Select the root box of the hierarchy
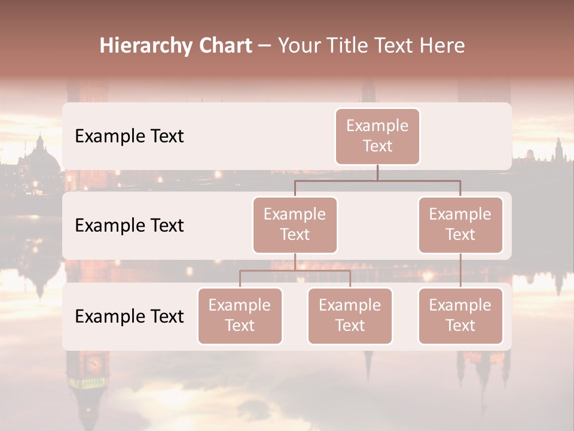[377, 136]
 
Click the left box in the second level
[295, 224]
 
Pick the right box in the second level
[460, 224]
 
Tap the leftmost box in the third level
[240, 315]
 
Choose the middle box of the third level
[350, 315]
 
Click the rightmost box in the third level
[460, 315]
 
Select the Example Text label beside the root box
[129, 136]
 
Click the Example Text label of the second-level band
[129, 225]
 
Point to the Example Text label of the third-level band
[129, 316]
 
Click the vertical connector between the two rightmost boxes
[460, 271]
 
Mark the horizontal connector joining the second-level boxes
[377, 180]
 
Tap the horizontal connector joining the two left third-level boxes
[295, 271]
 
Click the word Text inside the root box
[377, 146]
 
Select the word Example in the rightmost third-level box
[460, 305]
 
